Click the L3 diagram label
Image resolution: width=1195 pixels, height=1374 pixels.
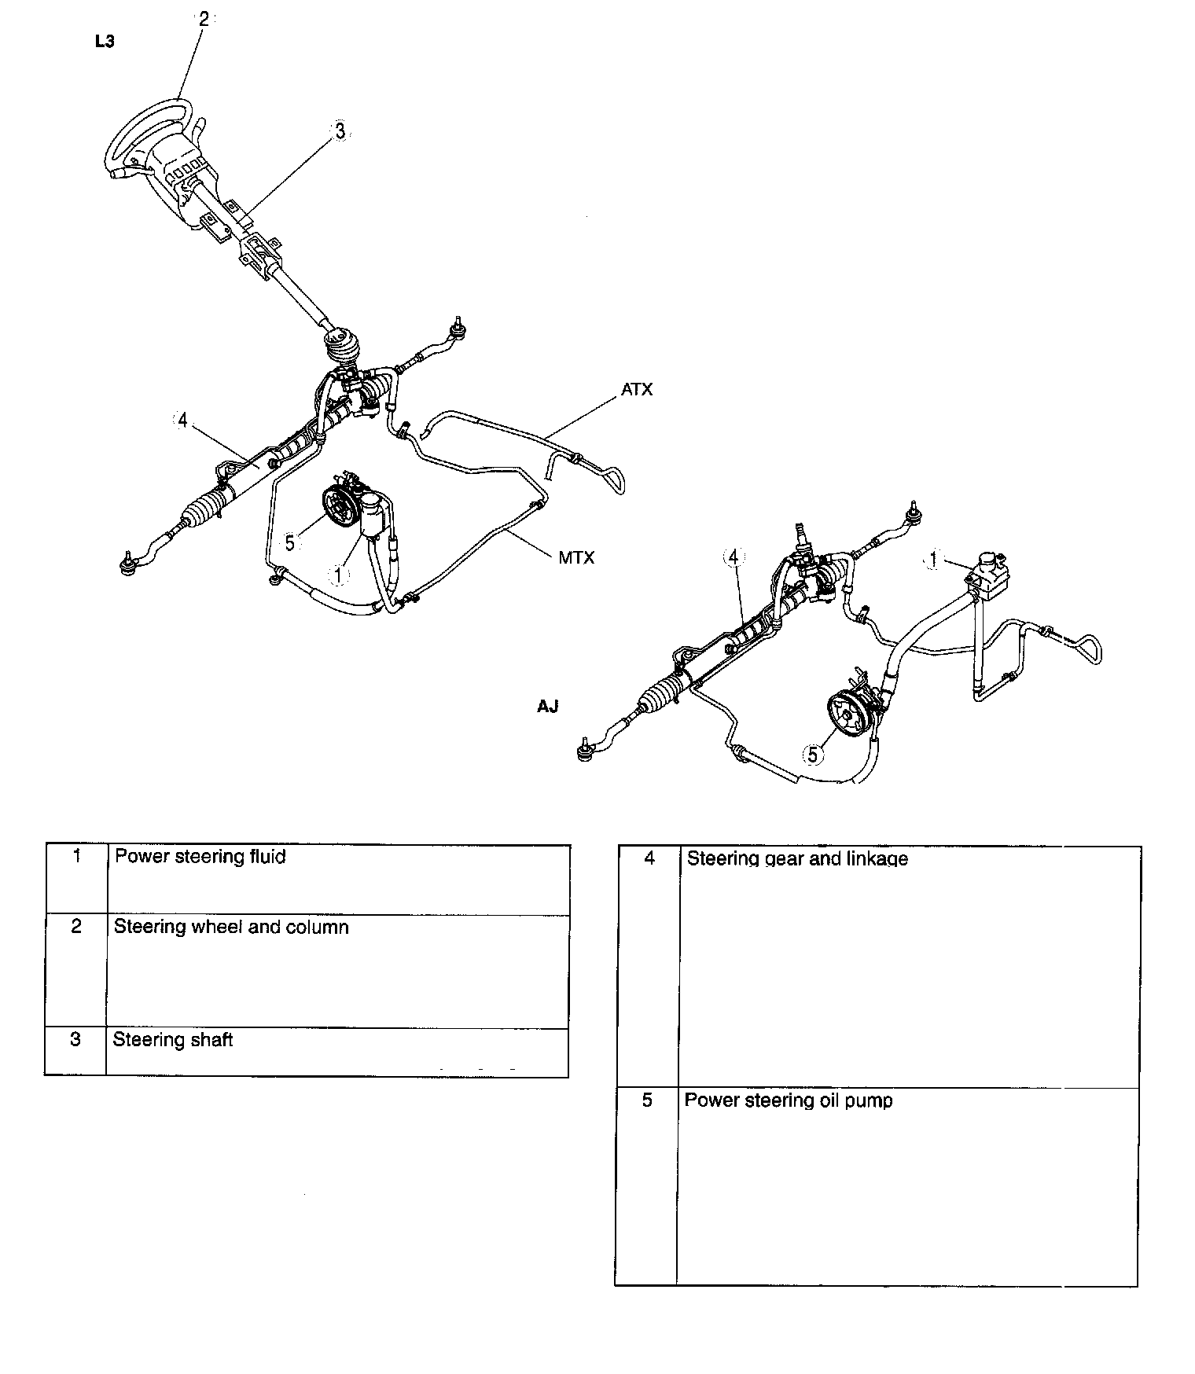104,42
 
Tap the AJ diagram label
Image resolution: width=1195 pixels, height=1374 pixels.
547,707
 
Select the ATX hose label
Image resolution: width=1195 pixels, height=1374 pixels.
637,390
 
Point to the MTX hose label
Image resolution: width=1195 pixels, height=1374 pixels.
576,558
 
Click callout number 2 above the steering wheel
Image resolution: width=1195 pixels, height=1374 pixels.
204,20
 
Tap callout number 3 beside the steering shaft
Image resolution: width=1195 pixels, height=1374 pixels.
340,132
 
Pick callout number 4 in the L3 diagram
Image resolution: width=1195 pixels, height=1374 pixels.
182,421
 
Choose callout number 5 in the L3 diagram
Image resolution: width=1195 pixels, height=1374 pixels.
290,543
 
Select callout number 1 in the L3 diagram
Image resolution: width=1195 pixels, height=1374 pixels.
339,575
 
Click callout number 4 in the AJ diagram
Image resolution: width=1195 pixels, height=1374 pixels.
733,557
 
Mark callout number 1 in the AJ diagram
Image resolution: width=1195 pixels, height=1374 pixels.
933,560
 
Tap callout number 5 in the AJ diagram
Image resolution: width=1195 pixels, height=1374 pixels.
813,755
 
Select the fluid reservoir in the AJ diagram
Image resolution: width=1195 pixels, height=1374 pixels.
988,572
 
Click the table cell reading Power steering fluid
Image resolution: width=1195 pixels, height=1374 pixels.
200,857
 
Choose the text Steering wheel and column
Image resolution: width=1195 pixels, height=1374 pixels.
231,928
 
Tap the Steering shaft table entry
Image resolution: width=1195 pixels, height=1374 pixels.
173,1040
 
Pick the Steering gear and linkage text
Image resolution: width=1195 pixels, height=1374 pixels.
797,858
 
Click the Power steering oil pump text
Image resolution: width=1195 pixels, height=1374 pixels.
789,1100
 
